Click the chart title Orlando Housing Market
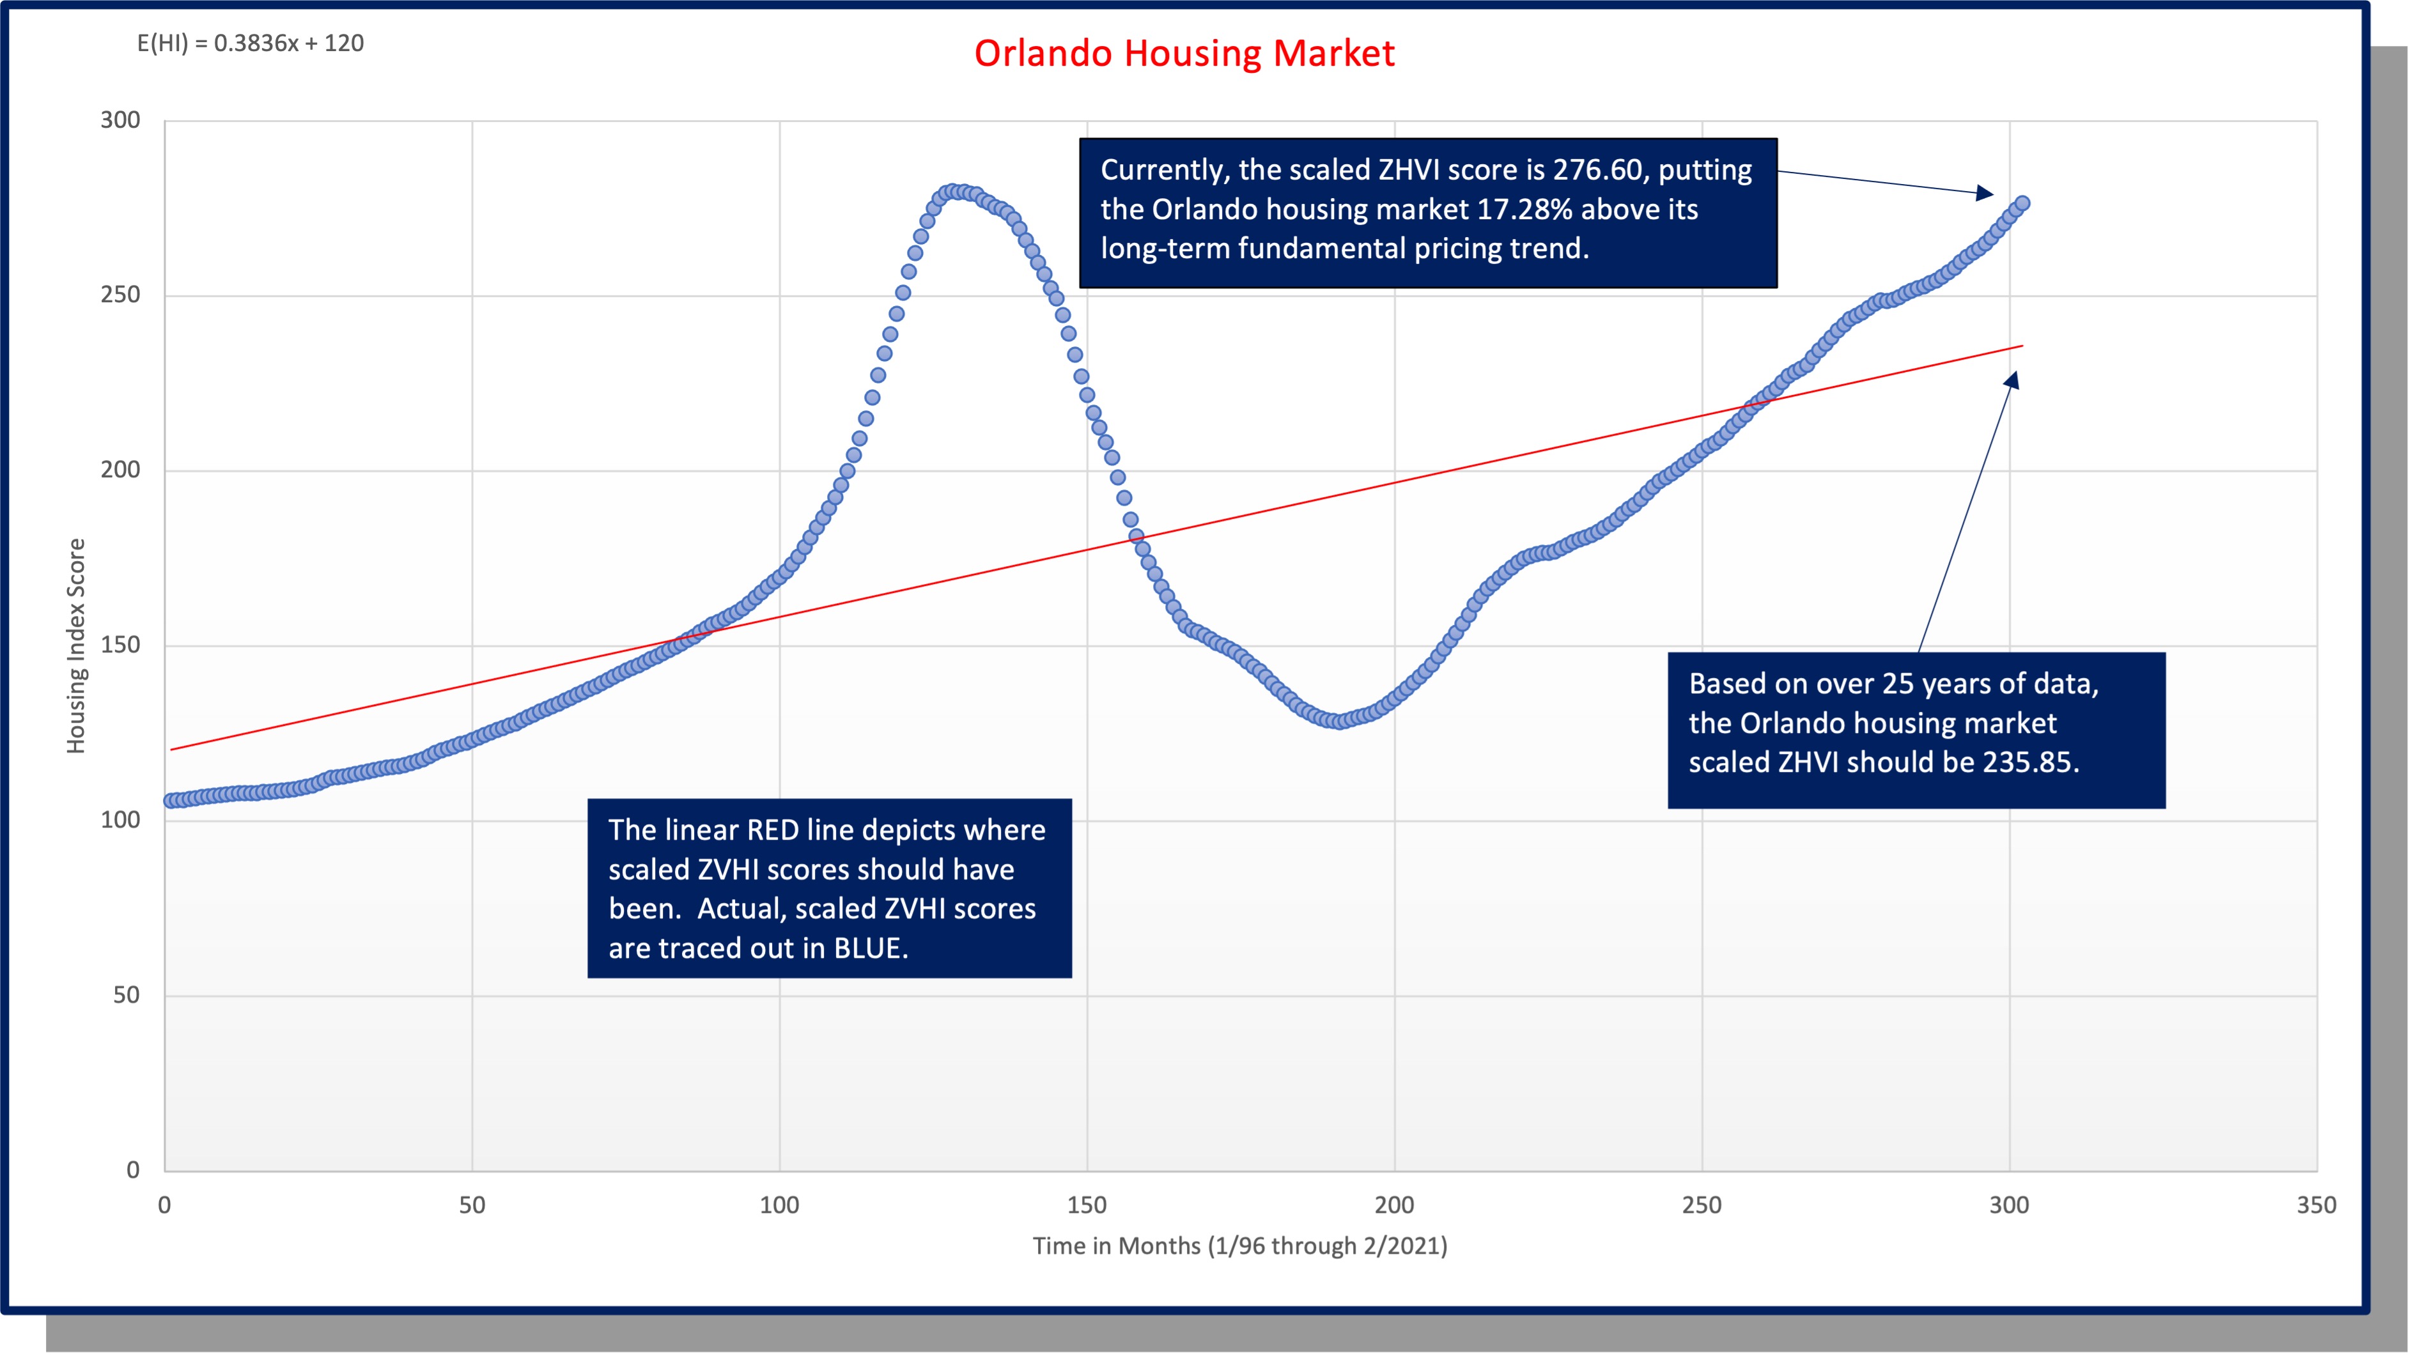tap(1184, 53)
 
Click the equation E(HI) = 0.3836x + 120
tap(250, 43)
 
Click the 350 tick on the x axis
tap(2316, 1205)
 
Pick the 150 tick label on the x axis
tap(1087, 1205)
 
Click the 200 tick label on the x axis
tap(1393, 1205)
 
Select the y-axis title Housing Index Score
tap(76, 645)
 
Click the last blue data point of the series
tap(2022, 203)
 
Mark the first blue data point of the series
tap(170, 800)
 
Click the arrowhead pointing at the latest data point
tap(1985, 194)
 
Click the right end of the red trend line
tap(2022, 346)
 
